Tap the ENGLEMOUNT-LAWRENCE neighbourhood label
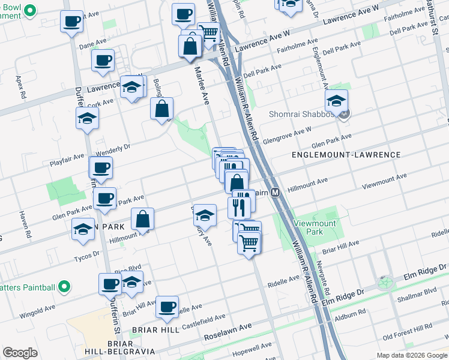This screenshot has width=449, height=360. tap(346, 155)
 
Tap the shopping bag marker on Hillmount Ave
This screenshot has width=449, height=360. tap(143, 220)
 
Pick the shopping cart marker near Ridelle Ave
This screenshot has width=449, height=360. tap(249, 243)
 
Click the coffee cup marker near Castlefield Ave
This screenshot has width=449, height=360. tap(167, 307)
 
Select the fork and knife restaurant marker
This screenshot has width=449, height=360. tap(240, 208)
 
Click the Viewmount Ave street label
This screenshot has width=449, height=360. tap(384, 181)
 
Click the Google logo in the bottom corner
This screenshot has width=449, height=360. tap(20, 353)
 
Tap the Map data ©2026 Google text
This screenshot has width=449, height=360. tap(412, 355)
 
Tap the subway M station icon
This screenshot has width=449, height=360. tap(276, 193)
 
